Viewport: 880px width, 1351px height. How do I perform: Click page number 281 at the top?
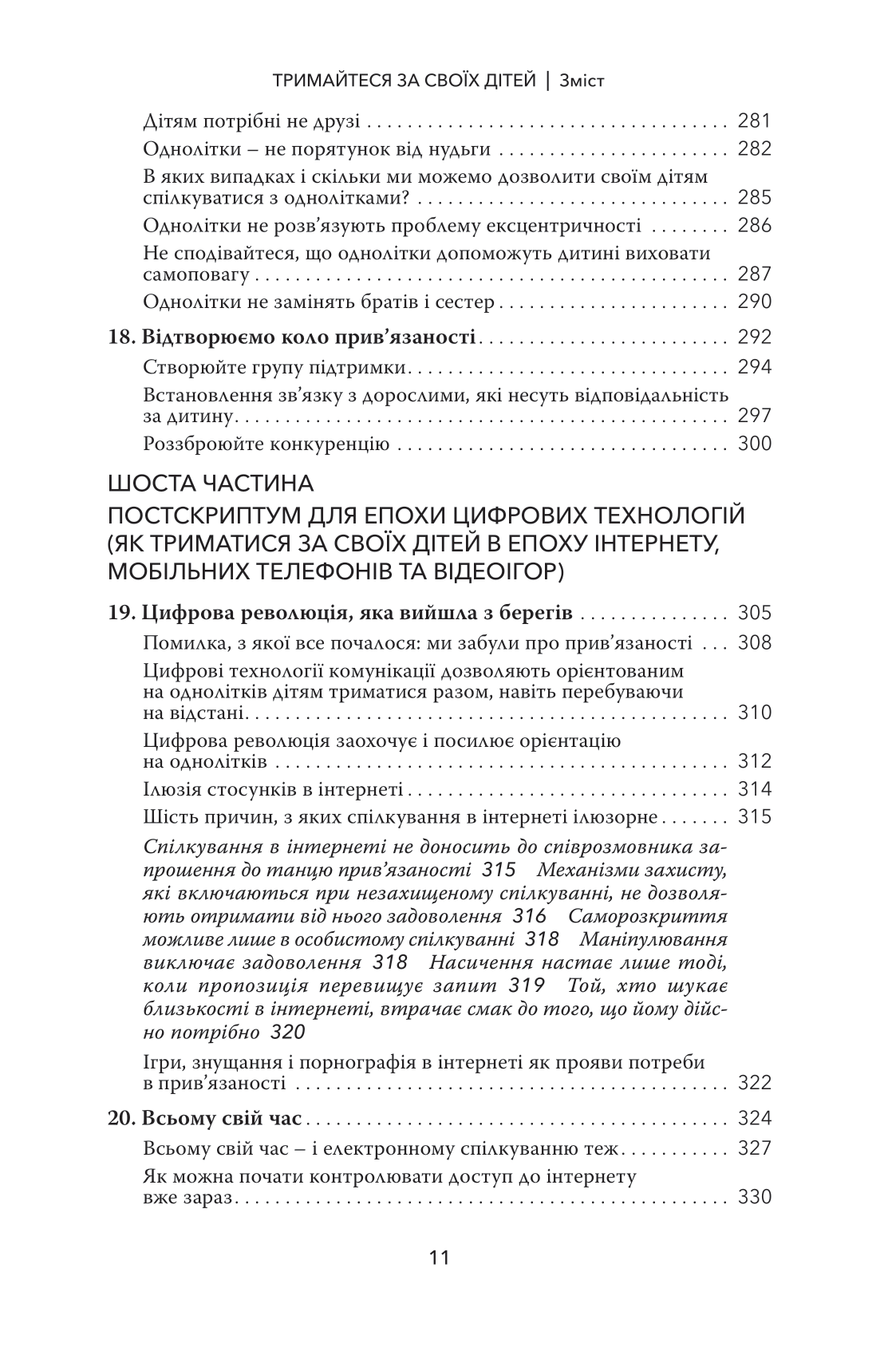coord(754,121)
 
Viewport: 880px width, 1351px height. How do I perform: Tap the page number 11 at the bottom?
coord(440,1258)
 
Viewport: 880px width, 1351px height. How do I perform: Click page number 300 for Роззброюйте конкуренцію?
coord(754,444)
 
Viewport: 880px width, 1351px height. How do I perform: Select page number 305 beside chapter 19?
coord(754,614)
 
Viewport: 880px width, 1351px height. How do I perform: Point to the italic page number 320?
coord(288,1032)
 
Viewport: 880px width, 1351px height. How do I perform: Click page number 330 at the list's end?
coord(754,1198)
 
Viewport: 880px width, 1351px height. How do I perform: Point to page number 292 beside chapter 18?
coord(754,337)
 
